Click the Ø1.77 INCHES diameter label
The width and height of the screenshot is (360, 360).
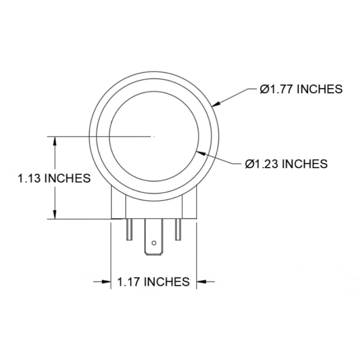coord(301,89)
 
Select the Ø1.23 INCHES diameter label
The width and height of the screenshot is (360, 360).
coord(286,163)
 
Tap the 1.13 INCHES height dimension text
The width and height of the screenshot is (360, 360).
coord(54,178)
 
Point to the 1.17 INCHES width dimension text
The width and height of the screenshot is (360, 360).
coord(153,282)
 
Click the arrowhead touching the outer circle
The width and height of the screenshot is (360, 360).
coord(216,104)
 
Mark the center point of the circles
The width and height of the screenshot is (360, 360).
coord(154,135)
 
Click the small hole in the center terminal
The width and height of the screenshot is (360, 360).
coord(154,243)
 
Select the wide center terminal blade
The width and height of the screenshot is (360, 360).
coord(153,238)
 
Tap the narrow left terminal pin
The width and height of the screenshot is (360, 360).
coord(130,229)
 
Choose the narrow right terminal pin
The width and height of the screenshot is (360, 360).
coord(178,229)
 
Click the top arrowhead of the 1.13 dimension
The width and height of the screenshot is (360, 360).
coord(55,140)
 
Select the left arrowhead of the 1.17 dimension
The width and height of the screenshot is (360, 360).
coord(107,282)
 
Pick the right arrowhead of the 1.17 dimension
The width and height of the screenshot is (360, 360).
coord(201,282)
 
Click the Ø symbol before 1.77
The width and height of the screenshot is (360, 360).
coord(264,89)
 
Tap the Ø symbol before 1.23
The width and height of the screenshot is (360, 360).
coord(249,163)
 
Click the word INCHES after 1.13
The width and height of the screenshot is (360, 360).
coord(68,178)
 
